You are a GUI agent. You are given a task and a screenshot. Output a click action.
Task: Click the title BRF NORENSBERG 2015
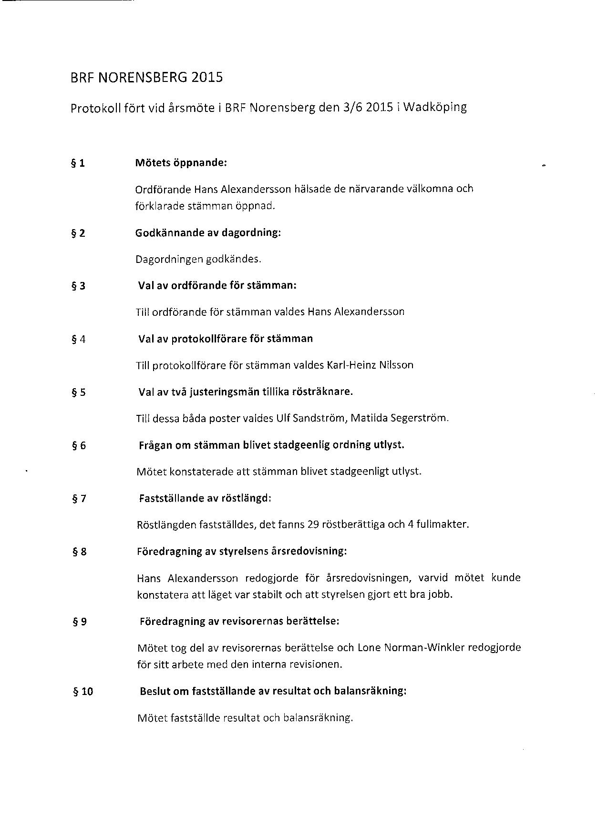tap(146, 77)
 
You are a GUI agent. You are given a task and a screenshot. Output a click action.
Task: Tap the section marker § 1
tap(78, 163)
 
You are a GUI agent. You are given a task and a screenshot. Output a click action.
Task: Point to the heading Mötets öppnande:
tap(181, 163)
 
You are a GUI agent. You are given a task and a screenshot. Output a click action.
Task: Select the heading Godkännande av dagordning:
tap(208, 233)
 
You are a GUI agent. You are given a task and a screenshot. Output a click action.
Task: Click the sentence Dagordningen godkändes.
tap(198, 260)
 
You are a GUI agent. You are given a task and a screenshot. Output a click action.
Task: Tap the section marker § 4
tap(78, 340)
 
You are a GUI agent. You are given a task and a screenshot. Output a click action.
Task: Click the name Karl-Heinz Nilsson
tap(370, 365)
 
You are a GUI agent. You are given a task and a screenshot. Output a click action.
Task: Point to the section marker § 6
tap(78, 446)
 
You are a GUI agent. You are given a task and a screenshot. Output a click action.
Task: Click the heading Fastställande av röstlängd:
tap(205, 498)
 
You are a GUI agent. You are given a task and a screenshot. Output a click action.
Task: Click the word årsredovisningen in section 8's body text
tap(368, 578)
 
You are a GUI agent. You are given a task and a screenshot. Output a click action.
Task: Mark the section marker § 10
tap(82, 692)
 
